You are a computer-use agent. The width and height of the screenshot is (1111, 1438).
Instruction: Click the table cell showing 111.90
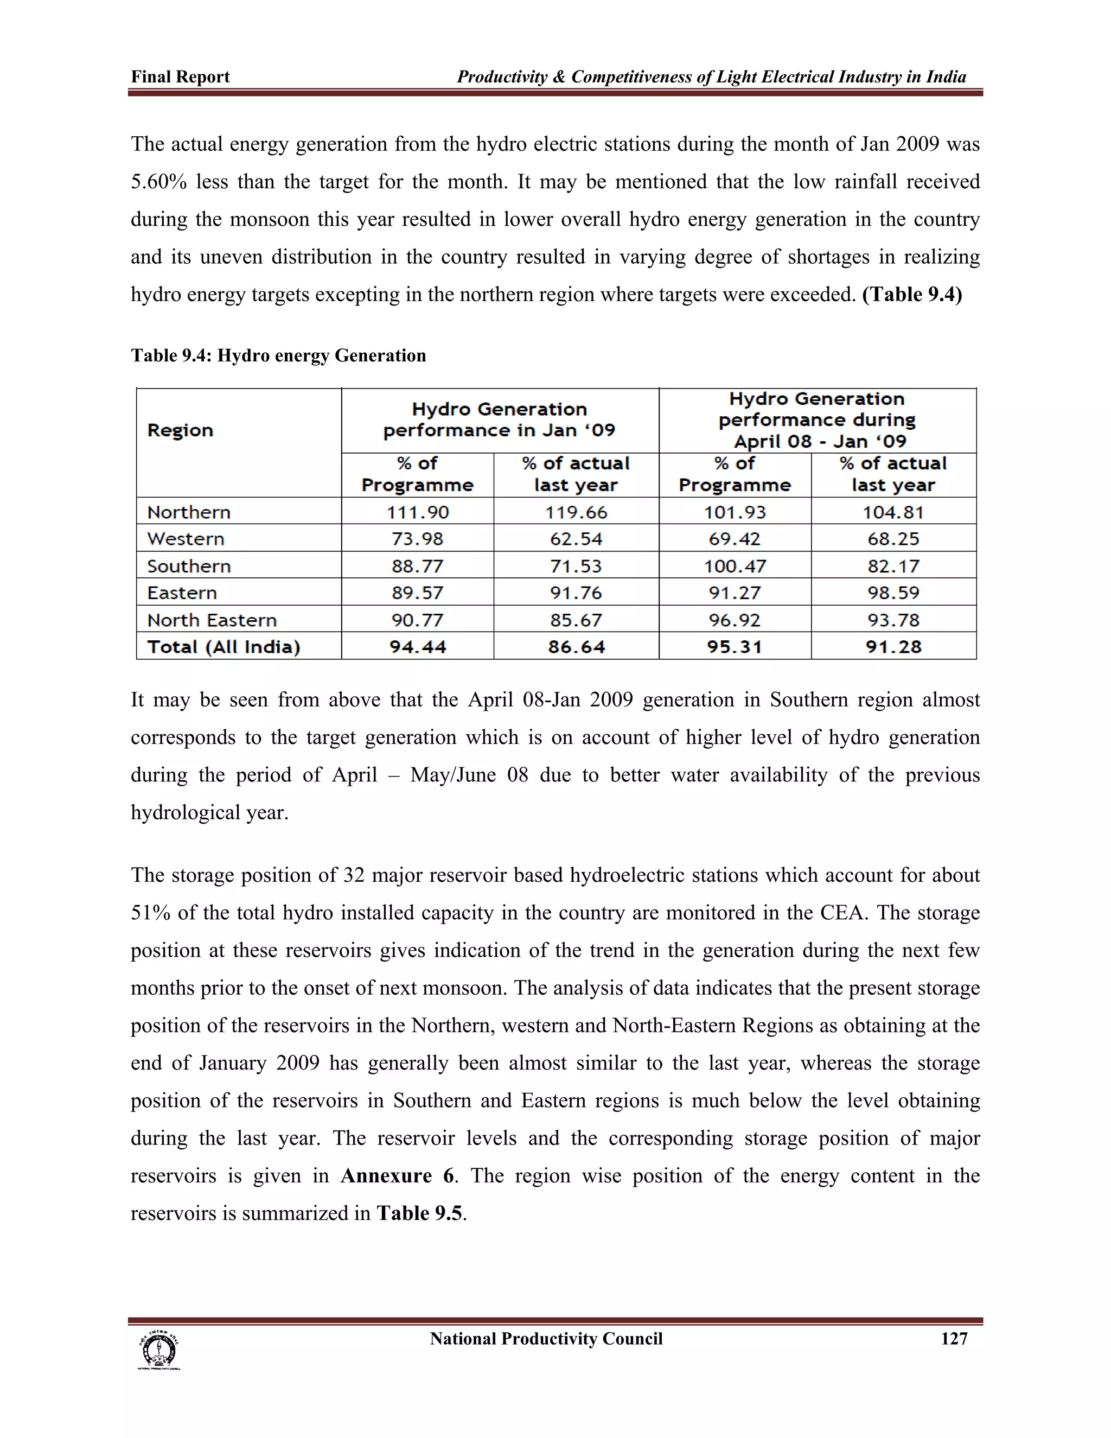pyautogui.click(x=417, y=512)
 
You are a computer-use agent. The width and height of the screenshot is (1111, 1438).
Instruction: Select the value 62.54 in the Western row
pyautogui.click(x=576, y=539)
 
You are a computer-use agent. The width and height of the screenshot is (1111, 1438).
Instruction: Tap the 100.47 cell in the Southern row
pyautogui.click(x=735, y=566)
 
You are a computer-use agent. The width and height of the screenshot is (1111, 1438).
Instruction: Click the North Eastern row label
pyautogui.click(x=212, y=620)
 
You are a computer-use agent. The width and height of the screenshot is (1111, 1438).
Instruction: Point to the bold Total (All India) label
pyautogui.click(x=224, y=647)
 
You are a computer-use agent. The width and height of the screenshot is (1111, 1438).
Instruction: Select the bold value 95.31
pyautogui.click(x=735, y=647)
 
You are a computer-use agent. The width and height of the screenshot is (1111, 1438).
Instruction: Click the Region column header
pyautogui.click(x=180, y=431)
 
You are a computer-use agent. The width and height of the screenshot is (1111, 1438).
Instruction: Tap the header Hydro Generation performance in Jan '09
pyautogui.click(x=500, y=420)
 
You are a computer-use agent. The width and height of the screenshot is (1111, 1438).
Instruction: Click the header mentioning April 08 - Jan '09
pyautogui.click(x=817, y=420)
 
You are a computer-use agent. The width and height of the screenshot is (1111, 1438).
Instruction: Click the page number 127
pyautogui.click(x=954, y=1339)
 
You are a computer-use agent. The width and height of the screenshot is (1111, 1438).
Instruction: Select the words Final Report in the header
pyautogui.click(x=180, y=77)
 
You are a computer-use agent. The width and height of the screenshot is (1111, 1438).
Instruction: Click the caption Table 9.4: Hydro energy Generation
pyautogui.click(x=278, y=355)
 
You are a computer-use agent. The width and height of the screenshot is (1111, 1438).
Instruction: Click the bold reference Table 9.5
pyautogui.click(x=420, y=1213)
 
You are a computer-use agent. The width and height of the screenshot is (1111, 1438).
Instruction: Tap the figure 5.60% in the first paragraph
pyautogui.click(x=158, y=182)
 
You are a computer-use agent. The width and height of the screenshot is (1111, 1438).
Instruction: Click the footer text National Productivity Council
pyautogui.click(x=546, y=1339)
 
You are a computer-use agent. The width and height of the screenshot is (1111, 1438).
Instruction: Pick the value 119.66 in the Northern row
pyautogui.click(x=576, y=512)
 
